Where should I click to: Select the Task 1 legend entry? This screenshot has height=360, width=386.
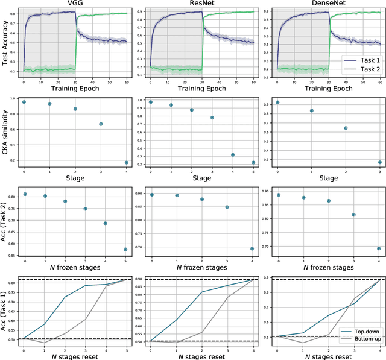(359, 60)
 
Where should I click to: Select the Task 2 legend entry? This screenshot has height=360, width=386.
(359, 69)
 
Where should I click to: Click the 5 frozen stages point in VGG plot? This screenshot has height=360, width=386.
(125, 249)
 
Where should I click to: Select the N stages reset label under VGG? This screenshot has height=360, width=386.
(75, 355)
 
